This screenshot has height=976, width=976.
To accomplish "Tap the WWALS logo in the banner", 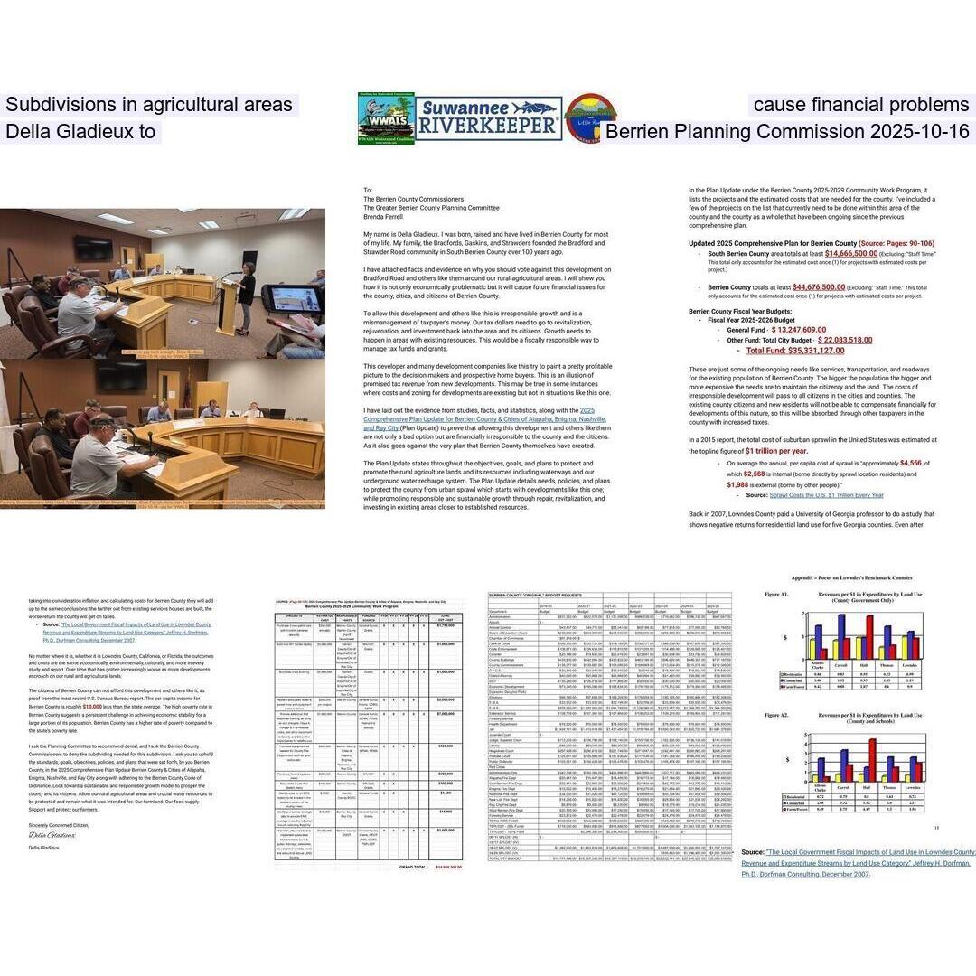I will (386, 118).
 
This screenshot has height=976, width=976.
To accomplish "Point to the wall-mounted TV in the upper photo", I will (93, 247).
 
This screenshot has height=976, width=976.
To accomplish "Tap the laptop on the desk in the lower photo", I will (277, 413).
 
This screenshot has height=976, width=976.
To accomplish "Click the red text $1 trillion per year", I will (776, 450).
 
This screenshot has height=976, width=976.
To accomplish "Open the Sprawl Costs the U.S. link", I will (826, 494).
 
